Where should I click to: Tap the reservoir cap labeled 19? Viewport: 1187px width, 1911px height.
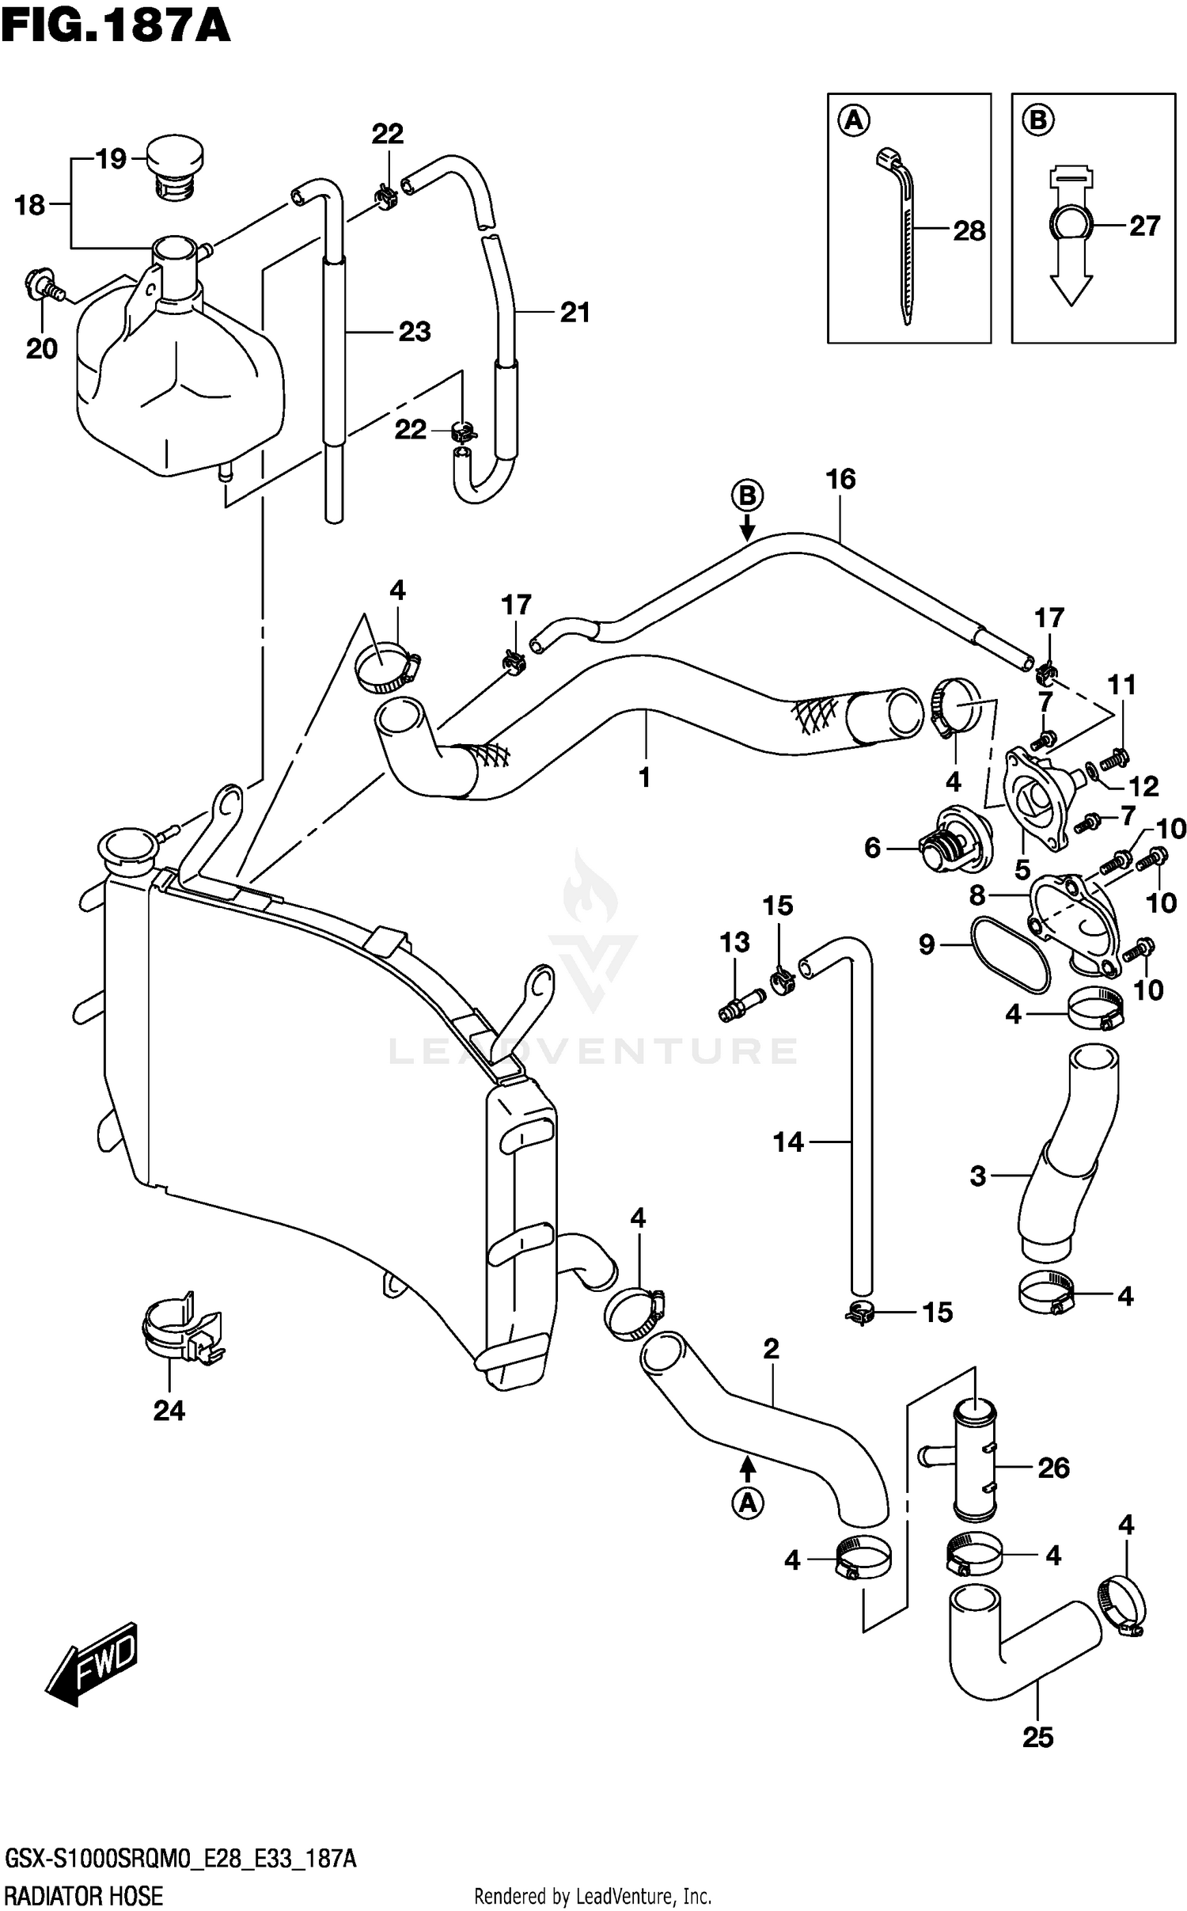(x=176, y=168)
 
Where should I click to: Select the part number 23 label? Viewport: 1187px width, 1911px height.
(x=414, y=332)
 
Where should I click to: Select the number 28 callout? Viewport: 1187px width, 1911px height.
(x=969, y=231)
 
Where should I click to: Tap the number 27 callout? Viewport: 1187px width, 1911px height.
(x=1144, y=226)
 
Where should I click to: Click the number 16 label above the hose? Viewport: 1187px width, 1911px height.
(x=840, y=479)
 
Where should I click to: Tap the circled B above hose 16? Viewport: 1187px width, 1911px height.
(x=746, y=496)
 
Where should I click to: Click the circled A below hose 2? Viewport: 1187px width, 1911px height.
(x=747, y=1505)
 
